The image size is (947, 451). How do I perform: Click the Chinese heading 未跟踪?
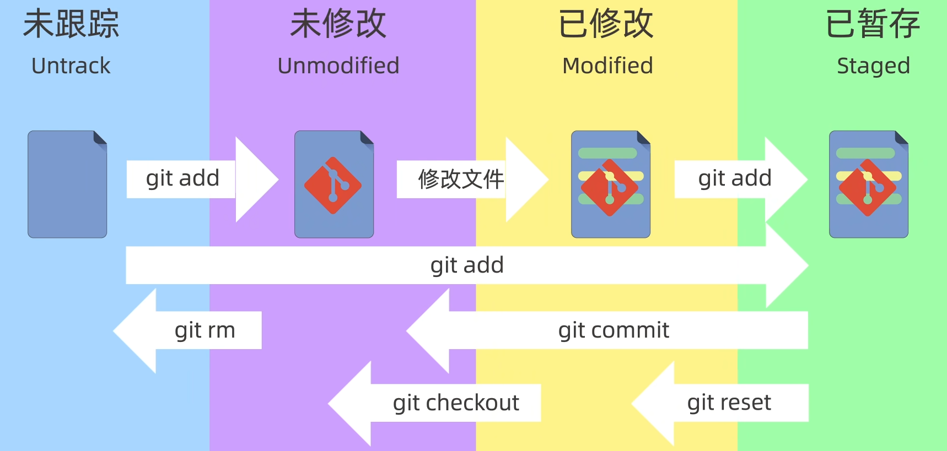(x=71, y=25)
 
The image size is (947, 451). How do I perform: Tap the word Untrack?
(x=71, y=66)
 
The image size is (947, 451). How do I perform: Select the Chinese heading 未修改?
(x=338, y=25)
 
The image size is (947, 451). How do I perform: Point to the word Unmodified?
(x=338, y=66)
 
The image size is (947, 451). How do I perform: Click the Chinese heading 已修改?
(x=606, y=25)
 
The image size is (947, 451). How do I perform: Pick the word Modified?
(x=607, y=66)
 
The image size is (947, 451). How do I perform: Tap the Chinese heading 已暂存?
(x=873, y=25)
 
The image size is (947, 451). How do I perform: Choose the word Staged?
(x=873, y=66)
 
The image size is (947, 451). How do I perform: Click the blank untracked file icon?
(x=67, y=184)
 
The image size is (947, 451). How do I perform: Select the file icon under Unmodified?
(x=334, y=184)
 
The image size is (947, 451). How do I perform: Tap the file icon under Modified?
(x=611, y=184)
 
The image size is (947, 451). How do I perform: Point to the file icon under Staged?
(x=869, y=184)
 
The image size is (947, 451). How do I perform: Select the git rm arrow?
(x=193, y=330)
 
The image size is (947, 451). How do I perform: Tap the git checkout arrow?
(x=441, y=403)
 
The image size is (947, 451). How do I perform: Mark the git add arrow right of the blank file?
(x=193, y=179)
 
